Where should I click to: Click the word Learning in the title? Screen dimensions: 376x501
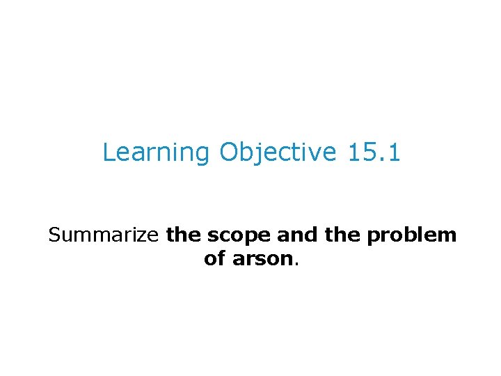pyautogui.click(x=156, y=152)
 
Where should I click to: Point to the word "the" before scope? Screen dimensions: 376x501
pyautogui.click(x=184, y=235)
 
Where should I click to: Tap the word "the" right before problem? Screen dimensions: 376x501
pyautogui.click(x=342, y=235)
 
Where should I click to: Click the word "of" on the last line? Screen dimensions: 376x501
pyautogui.click(x=215, y=259)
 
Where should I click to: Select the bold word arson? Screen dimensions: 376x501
pyautogui.click(x=264, y=259)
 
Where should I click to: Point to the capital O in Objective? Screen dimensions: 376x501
pyautogui.click(x=229, y=152)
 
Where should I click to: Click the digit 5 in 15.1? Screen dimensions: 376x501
pyautogui.click(x=367, y=152)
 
